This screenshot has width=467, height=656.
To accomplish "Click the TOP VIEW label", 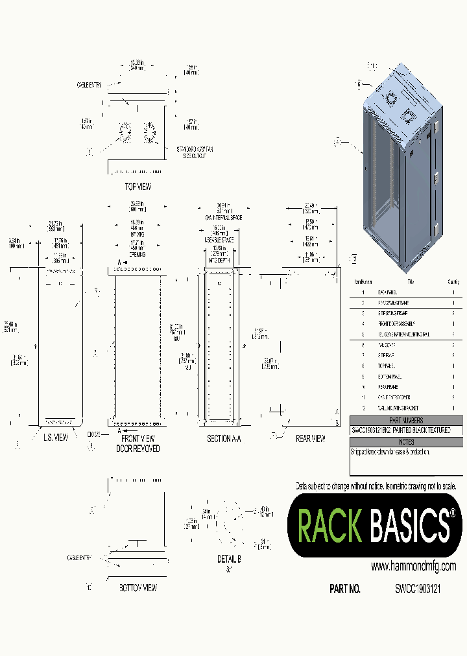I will (x=137, y=187).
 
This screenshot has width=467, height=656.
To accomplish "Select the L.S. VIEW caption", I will (x=56, y=439).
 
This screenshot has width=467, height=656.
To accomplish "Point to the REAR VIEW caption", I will (x=310, y=439).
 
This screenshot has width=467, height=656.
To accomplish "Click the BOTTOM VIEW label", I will (x=138, y=588).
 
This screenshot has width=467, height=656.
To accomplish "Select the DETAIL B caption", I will (x=230, y=559).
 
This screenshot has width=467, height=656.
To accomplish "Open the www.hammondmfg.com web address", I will (x=413, y=566).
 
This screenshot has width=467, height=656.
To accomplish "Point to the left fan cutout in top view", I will (x=125, y=132).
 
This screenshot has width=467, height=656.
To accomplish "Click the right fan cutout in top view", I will (x=150, y=132).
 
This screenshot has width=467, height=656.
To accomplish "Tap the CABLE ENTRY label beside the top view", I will (x=89, y=85).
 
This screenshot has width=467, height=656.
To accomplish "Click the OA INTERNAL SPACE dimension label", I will (x=222, y=218).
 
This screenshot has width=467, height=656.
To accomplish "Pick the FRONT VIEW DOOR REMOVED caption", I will (x=137, y=443).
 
